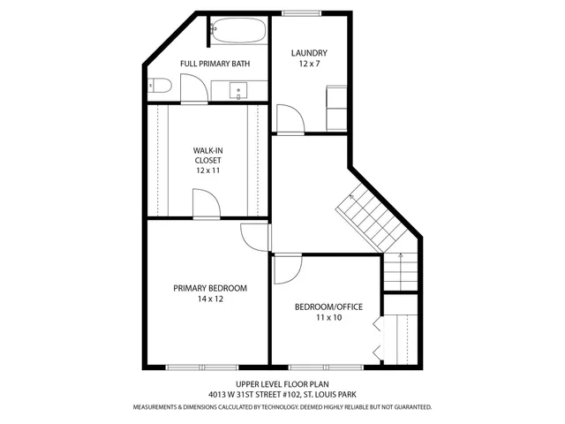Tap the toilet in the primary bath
click(x=159, y=86)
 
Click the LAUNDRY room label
click(x=310, y=53)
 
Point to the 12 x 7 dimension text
click(x=310, y=64)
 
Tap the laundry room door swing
click(x=289, y=118)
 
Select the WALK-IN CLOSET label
click(x=207, y=155)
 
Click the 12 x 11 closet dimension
click(x=207, y=170)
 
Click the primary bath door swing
click(x=193, y=88)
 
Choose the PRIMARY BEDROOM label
click(x=209, y=288)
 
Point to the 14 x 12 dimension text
click(x=209, y=299)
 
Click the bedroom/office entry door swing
click(x=288, y=269)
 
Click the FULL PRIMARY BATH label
click(x=215, y=64)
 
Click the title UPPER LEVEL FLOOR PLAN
click(x=282, y=384)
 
